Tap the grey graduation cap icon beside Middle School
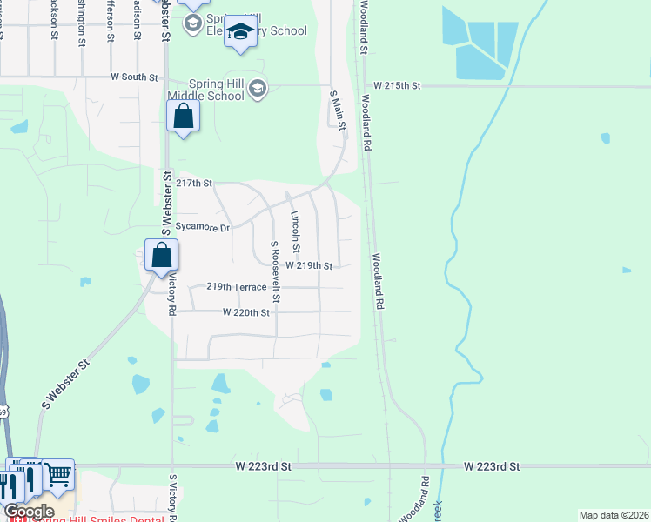click(258, 88)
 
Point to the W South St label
click(134, 77)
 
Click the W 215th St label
click(397, 86)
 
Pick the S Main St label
click(338, 110)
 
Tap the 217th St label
click(194, 184)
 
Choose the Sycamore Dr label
click(202, 228)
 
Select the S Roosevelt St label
click(275, 271)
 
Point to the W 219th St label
click(309, 265)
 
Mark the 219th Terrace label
click(236, 286)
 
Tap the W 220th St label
click(246, 311)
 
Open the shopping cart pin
click(59, 474)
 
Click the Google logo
click(29, 512)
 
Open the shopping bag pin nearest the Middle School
click(184, 117)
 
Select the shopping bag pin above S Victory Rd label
click(162, 256)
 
